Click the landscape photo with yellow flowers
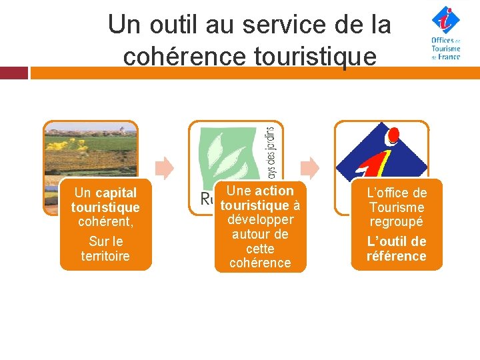(x=90, y=150)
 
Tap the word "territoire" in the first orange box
(x=105, y=256)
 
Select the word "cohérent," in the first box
(x=105, y=221)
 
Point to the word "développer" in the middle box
(x=260, y=219)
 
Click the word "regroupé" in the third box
(x=396, y=222)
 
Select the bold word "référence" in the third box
(x=396, y=256)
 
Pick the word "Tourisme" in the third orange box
(x=396, y=207)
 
